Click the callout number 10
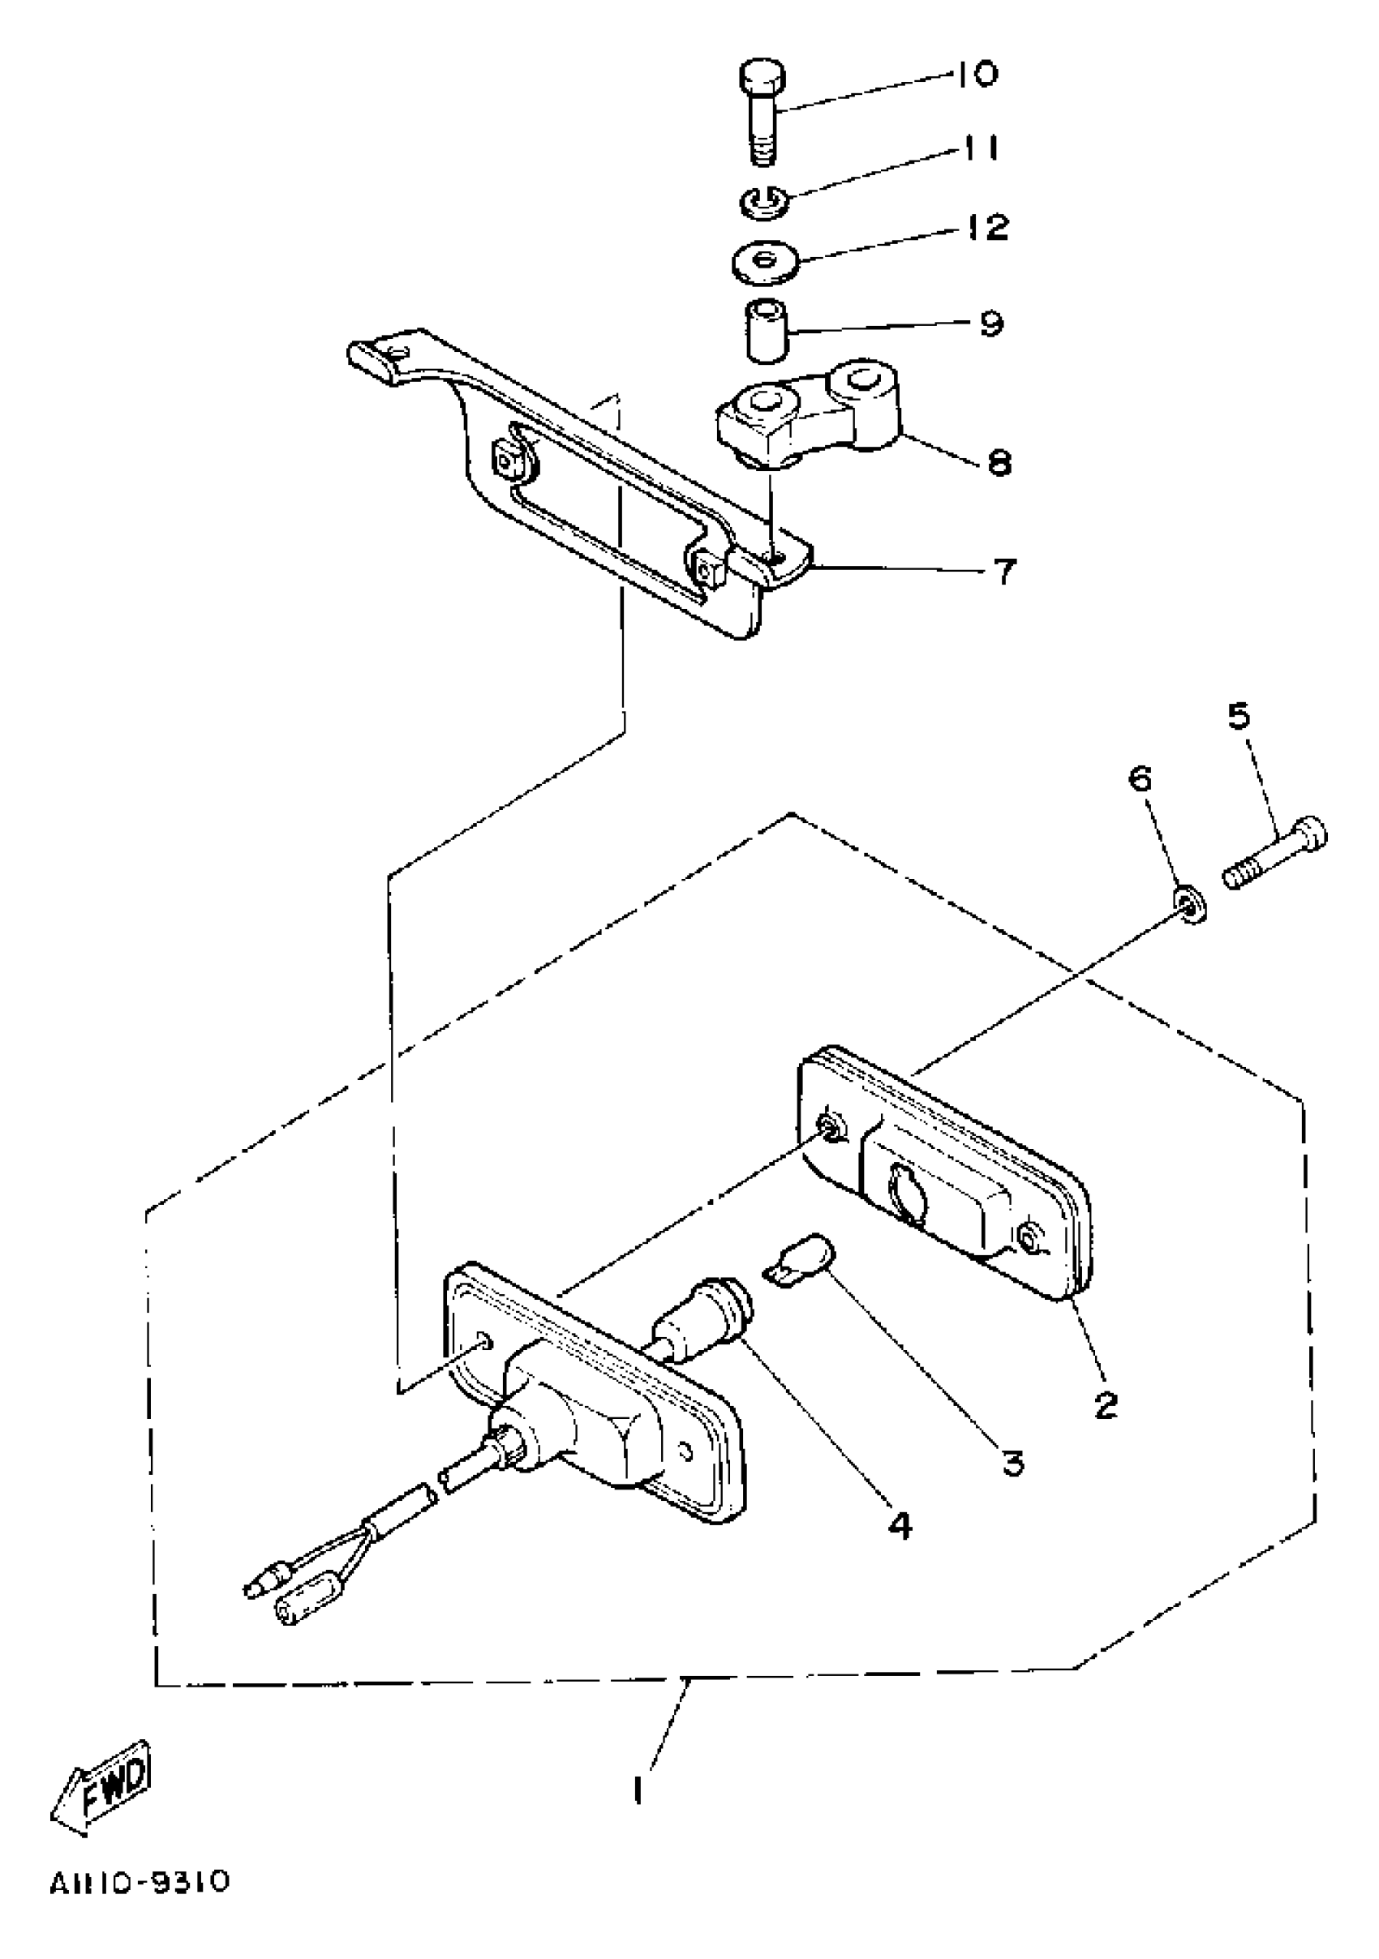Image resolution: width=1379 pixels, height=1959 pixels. tap(974, 75)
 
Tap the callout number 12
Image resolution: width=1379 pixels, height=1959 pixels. tap(988, 227)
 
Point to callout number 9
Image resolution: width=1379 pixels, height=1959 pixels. tap(990, 324)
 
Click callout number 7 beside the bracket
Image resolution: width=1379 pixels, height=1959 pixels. tap(1005, 571)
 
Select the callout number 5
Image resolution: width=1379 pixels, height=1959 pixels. tap(1238, 716)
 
